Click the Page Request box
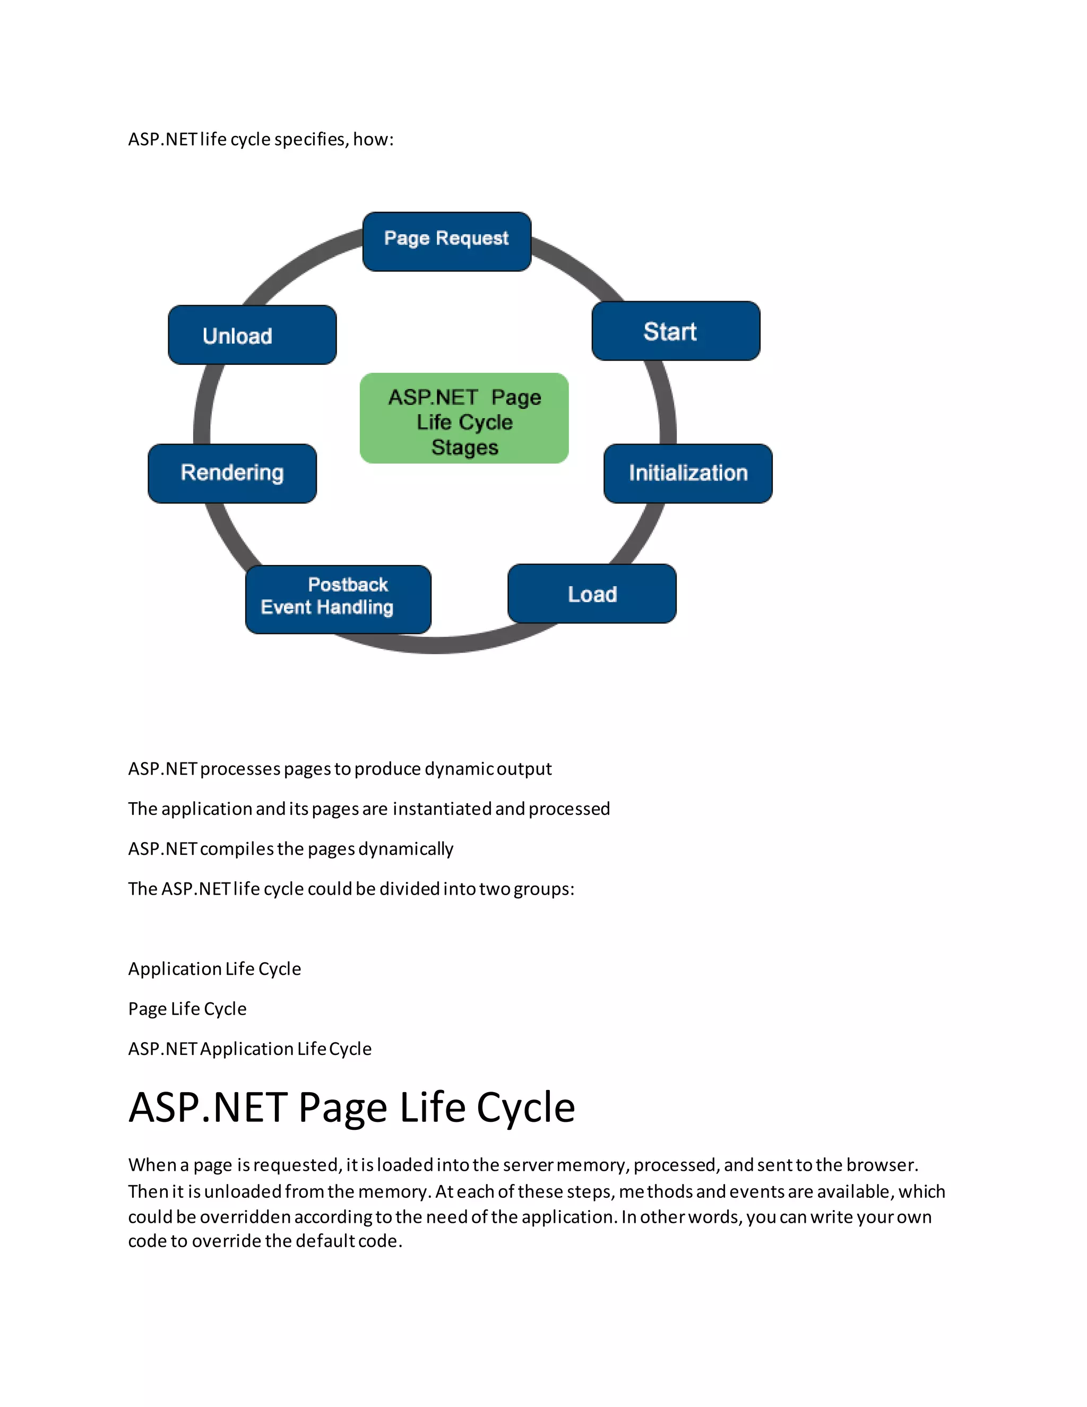point(446,242)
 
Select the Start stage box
point(676,331)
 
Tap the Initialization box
point(688,474)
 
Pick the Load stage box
point(592,594)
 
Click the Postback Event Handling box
point(338,599)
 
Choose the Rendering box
point(232,474)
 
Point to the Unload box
point(252,335)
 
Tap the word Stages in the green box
point(464,448)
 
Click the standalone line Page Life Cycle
point(187,1009)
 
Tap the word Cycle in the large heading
point(525,1108)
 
